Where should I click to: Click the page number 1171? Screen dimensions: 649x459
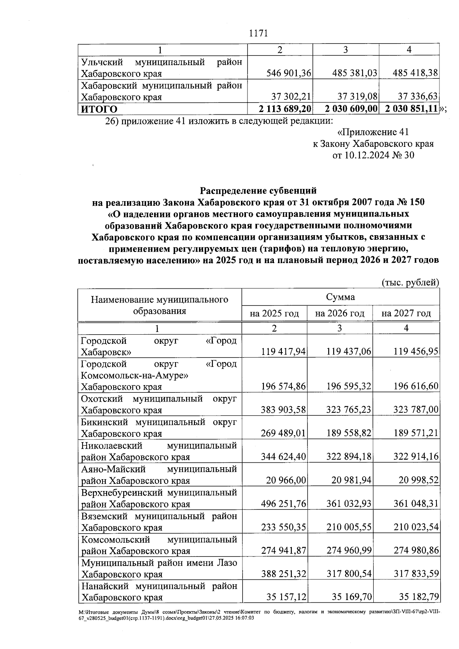tap(258, 33)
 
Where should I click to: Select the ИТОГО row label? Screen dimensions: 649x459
tap(99, 109)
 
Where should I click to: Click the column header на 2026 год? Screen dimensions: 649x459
tap(340, 314)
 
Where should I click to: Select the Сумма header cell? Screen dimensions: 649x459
tap(340, 297)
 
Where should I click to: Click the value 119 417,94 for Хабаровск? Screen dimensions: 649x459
tap(283, 351)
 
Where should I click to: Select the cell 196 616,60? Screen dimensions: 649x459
tap(416, 387)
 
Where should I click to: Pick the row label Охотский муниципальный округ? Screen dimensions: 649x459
tap(159, 399)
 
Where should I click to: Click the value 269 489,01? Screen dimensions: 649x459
tap(283, 433)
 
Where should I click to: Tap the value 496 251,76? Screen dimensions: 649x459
tap(283, 504)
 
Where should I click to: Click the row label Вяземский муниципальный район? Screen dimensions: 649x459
tap(159, 517)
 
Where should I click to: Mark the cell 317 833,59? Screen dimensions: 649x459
tap(416, 574)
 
